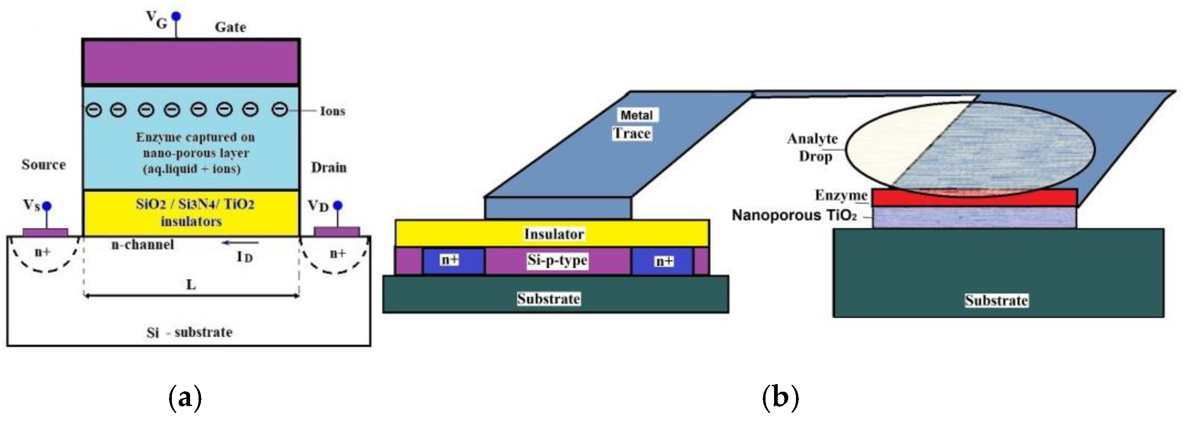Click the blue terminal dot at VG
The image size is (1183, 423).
(x=176, y=17)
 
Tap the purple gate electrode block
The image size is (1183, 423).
(x=190, y=62)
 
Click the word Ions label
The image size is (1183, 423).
(x=332, y=111)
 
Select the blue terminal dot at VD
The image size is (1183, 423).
(x=338, y=205)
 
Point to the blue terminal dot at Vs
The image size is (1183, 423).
(x=46, y=206)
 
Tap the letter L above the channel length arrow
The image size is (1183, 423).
(x=191, y=285)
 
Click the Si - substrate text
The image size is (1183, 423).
(x=189, y=332)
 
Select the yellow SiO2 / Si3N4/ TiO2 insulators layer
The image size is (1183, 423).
(x=190, y=213)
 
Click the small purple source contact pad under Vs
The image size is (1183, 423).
(x=45, y=232)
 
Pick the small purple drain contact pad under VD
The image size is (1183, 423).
(x=337, y=231)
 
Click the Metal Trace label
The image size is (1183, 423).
(x=635, y=124)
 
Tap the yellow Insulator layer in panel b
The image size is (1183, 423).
(x=552, y=233)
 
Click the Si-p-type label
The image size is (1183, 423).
(x=557, y=260)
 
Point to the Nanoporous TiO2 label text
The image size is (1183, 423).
(x=794, y=215)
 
